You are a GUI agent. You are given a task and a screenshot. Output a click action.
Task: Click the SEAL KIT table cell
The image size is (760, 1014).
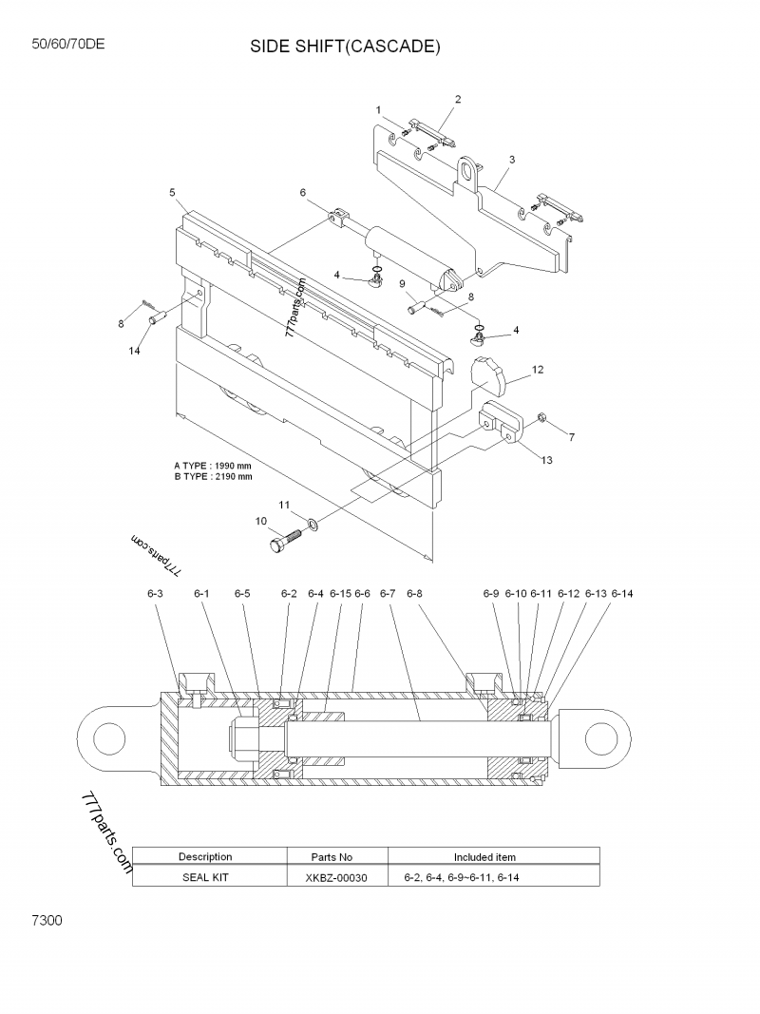pos(205,877)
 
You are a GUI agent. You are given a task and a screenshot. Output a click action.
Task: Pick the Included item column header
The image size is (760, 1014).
pos(484,857)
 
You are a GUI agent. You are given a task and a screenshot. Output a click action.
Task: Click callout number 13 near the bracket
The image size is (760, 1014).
pos(546,460)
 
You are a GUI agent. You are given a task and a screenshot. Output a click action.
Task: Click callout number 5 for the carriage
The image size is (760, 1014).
pos(172,193)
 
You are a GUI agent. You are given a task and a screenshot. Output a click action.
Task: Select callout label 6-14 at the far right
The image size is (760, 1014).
pos(621,593)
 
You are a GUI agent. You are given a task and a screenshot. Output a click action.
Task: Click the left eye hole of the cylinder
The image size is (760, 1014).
pos(107,737)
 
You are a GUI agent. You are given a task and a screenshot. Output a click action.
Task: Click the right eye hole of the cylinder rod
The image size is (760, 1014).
pos(600,737)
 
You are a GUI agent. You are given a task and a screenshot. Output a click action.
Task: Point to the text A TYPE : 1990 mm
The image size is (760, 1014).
pos(213,466)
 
